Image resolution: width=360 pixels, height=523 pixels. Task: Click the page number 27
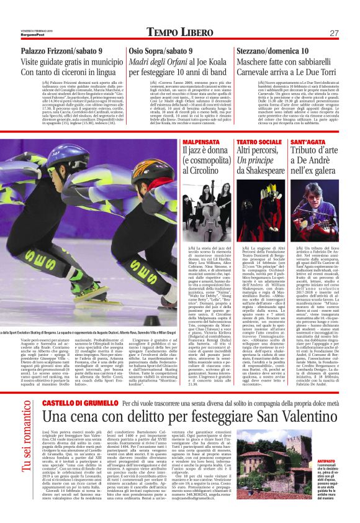[x=333, y=33]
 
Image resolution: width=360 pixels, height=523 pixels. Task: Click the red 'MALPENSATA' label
[x=197, y=143]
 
